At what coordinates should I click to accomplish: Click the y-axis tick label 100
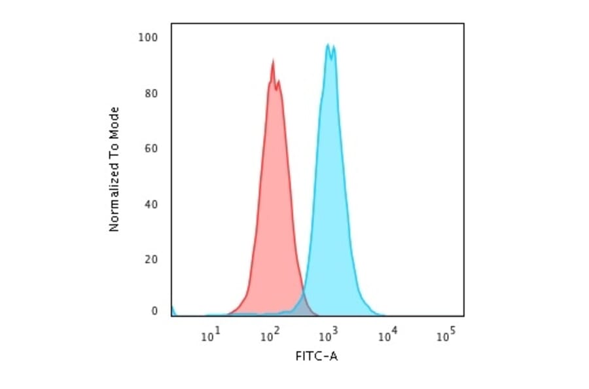click(x=149, y=38)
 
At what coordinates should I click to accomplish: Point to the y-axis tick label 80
click(x=151, y=93)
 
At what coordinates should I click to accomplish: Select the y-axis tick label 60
click(x=151, y=148)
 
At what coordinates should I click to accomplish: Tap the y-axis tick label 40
click(x=151, y=204)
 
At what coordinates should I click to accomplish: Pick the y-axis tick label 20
click(x=151, y=259)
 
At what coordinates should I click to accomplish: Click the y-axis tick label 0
click(x=154, y=312)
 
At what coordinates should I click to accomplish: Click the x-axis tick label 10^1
click(x=210, y=337)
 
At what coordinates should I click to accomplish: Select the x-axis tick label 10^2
click(x=270, y=337)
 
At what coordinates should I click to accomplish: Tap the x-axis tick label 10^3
click(x=329, y=337)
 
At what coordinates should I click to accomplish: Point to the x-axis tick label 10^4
click(x=388, y=337)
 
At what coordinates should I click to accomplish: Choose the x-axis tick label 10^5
click(x=446, y=337)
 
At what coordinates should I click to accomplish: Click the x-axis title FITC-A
click(x=317, y=356)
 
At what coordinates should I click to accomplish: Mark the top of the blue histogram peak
click(x=328, y=45)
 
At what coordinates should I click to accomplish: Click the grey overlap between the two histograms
click(x=302, y=306)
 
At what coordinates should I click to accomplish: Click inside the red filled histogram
click(x=272, y=196)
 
